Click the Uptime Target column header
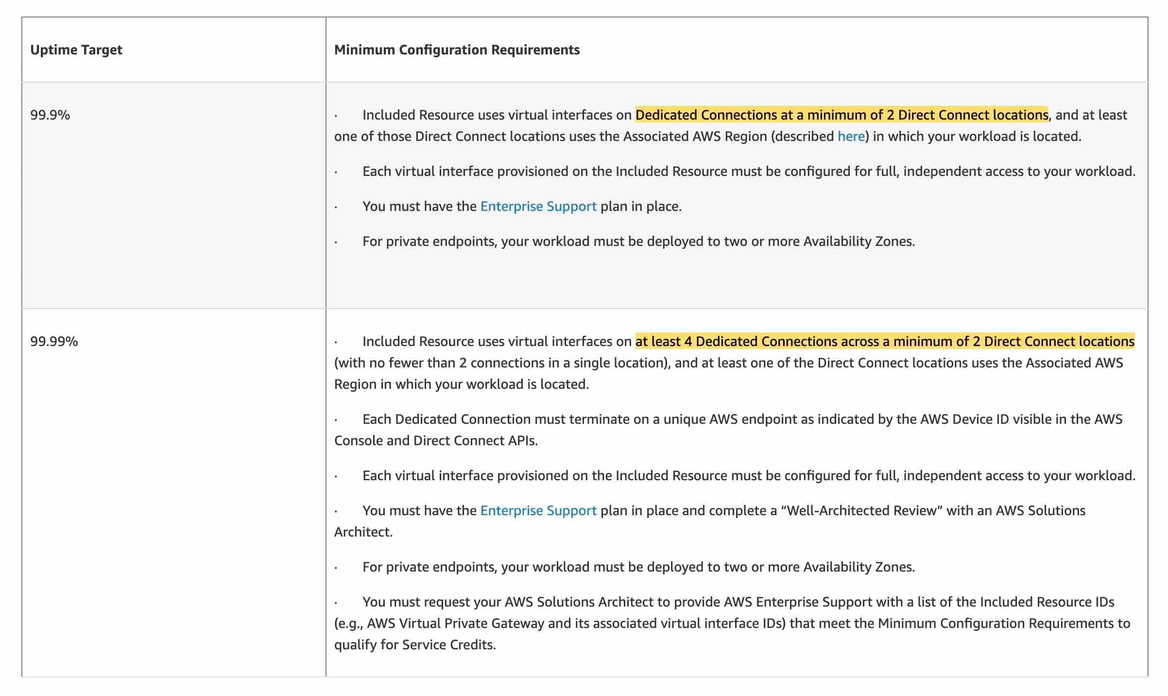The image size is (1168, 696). (76, 50)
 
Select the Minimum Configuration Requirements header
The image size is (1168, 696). (457, 50)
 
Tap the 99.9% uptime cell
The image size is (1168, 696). (50, 115)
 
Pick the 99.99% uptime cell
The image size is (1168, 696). (54, 342)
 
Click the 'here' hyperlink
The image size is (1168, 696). (851, 137)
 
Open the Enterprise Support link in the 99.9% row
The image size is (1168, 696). (538, 207)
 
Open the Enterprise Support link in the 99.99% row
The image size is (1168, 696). (538, 511)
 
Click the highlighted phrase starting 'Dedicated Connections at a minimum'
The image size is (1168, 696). (842, 115)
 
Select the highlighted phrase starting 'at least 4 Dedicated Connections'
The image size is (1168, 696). (885, 342)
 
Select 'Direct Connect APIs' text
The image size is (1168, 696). (475, 441)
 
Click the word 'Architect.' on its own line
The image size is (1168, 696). (363, 532)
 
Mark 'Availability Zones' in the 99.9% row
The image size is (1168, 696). (859, 242)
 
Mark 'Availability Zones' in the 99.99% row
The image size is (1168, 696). (859, 567)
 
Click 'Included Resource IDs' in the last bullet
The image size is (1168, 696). (1047, 602)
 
